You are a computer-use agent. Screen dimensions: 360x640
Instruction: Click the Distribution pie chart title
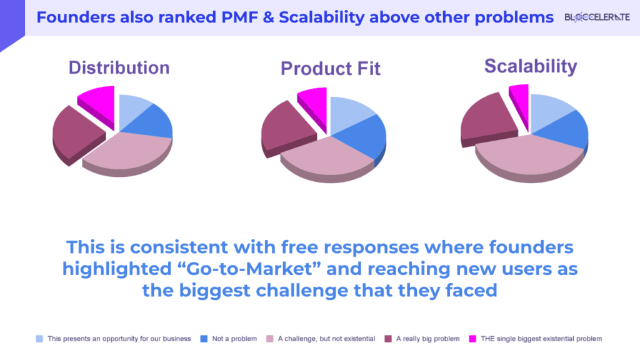tap(119, 67)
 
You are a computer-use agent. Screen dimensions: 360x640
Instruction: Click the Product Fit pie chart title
tap(330, 68)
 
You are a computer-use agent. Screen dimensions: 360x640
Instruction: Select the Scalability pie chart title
tap(531, 66)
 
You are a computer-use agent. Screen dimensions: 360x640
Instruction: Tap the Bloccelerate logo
tap(597, 17)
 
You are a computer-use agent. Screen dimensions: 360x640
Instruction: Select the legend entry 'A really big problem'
tap(427, 339)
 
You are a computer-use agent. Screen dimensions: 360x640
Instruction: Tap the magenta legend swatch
tap(473, 339)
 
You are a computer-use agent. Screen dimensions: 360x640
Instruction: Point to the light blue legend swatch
tap(40, 339)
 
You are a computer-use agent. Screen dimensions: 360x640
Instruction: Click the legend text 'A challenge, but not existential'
tap(326, 339)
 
